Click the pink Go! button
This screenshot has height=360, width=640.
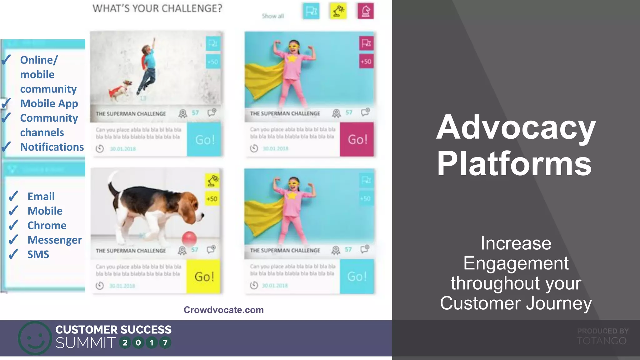coord(357,139)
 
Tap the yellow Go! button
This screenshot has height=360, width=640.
coord(203,277)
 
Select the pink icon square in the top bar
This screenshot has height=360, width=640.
coord(366,11)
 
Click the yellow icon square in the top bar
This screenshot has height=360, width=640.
coord(338,11)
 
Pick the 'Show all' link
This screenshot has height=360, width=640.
coord(273,16)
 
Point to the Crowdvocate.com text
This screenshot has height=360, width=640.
coord(223,310)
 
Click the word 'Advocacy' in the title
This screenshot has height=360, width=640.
coord(516,127)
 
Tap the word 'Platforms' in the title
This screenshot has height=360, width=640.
coord(514,163)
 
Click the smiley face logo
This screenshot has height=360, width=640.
coord(35,338)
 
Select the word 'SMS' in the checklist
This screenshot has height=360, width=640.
coord(38,254)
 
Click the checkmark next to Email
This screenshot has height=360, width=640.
coord(13,197)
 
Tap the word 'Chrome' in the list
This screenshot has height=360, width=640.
coord(47,225)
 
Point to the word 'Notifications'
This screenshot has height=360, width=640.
coord(52,147)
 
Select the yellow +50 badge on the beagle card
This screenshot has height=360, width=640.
coord(212,199)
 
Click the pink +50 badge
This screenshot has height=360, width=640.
coord(366,62)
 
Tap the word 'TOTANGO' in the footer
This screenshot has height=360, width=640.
coord(602,341)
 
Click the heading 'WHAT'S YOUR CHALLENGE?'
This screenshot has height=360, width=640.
coord(157,8)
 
